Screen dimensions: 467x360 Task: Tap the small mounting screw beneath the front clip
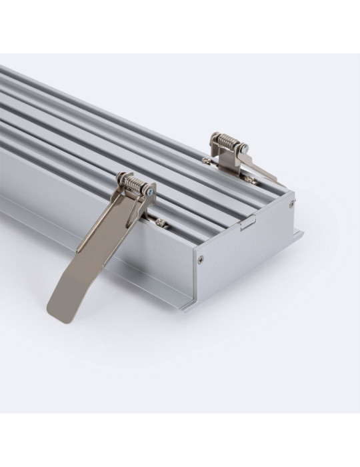coord(160,222)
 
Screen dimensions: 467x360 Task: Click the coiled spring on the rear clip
coord(227,143)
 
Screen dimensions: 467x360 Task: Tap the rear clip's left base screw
coord(206,160)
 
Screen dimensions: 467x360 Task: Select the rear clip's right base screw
coord(248,179)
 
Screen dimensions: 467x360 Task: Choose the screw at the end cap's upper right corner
coord(291,205)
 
